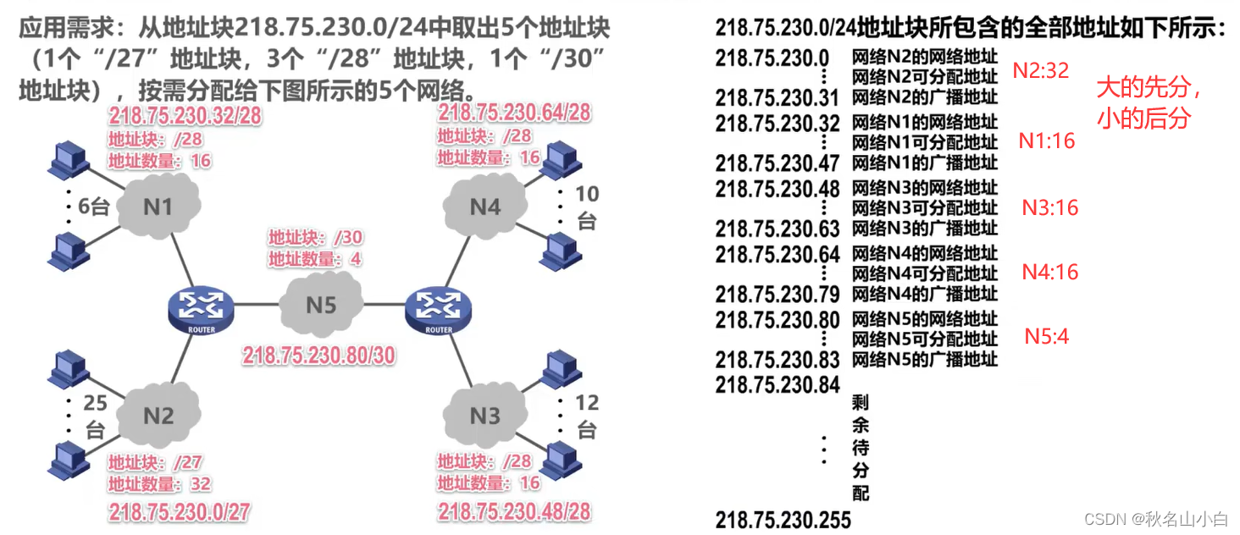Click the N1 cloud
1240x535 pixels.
158,206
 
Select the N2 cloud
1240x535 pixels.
158,415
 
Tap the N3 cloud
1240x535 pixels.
484,415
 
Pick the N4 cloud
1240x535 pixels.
484,206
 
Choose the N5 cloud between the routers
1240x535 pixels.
321,305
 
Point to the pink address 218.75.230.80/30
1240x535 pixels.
319,355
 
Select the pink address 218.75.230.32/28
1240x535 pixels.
185,116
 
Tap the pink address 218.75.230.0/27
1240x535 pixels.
179,511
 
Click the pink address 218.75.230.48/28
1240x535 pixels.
514,511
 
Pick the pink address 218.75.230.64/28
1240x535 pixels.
514,113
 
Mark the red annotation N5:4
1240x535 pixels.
1047,337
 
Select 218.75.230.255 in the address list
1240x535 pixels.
783,519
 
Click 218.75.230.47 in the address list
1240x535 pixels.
777,163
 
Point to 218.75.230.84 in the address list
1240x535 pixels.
777,384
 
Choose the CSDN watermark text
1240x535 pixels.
1154,519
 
